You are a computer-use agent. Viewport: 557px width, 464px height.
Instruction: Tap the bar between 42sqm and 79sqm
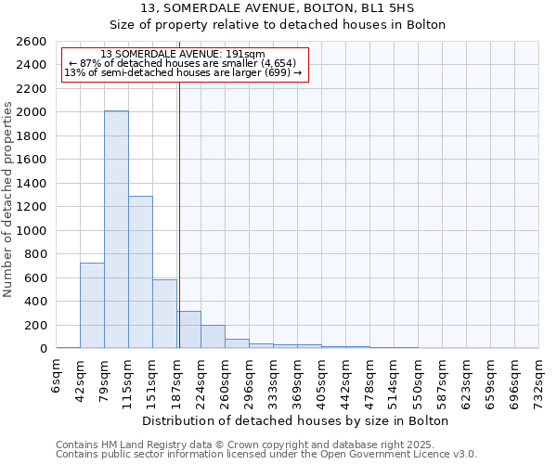(92, 305)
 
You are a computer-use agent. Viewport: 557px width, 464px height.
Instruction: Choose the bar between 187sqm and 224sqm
(189, 329)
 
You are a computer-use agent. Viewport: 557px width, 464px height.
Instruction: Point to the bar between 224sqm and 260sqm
(213, 337)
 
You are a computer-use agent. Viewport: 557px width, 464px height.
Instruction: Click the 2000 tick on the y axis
(33, 112)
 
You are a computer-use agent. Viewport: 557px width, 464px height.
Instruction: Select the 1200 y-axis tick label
(33, 207)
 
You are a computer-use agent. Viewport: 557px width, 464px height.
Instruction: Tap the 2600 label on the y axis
(33, 42)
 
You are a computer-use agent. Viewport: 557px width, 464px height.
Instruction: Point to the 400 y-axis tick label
(37, 302)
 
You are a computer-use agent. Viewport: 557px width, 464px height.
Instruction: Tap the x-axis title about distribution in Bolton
(297, 420)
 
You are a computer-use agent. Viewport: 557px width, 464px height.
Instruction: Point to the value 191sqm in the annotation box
(247, 54)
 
